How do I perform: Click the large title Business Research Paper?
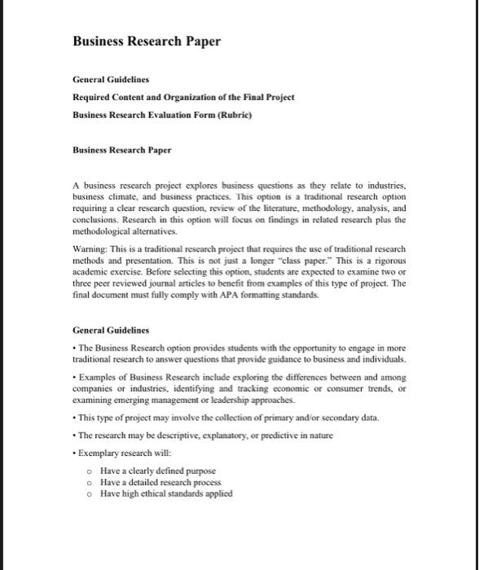pos(147,42)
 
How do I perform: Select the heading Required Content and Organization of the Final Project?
pos(183,97)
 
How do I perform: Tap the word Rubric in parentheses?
pos(235,115)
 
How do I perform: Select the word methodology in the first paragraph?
pos(330,209)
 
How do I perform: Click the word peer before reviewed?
pos(110,284)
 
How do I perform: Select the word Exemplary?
pos(102,452)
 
